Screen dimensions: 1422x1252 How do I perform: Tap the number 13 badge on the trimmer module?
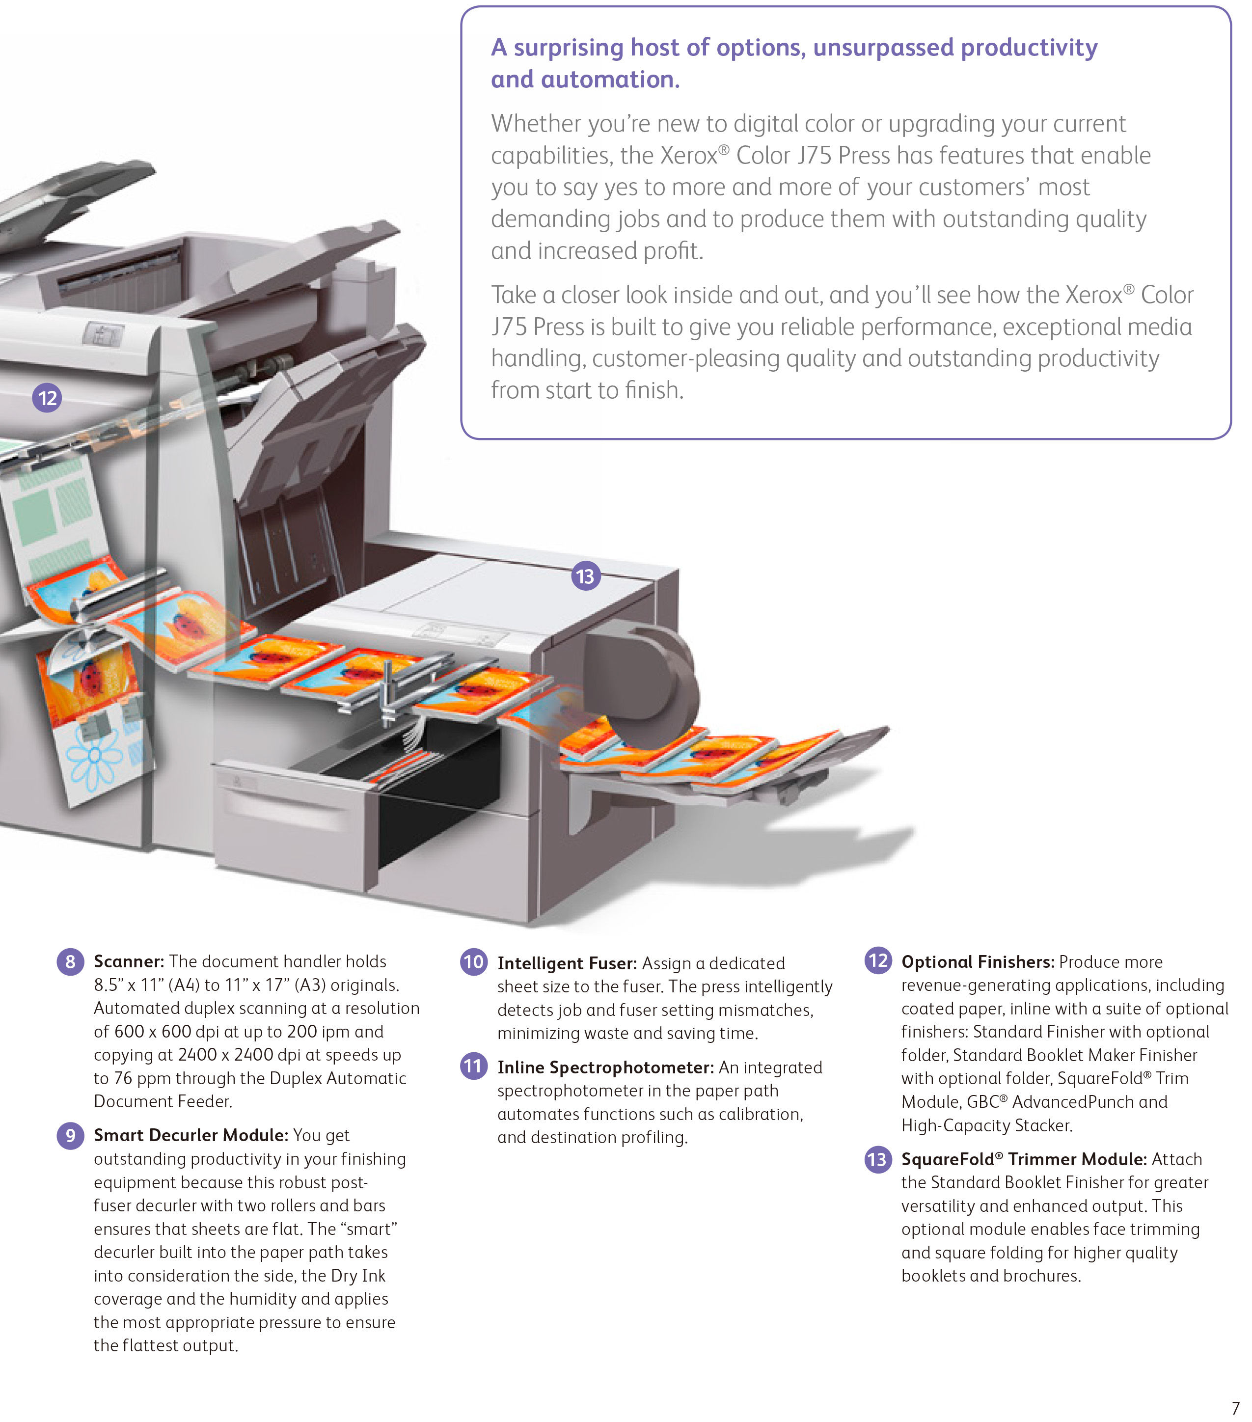586,576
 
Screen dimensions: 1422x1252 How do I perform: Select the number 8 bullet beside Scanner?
70,961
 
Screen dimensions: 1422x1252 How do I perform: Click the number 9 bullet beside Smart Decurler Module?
70,1135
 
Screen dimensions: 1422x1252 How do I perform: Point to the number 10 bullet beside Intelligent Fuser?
474,962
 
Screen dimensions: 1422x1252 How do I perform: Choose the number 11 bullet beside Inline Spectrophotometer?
474,1066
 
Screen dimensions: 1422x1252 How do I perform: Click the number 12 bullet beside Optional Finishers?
878,961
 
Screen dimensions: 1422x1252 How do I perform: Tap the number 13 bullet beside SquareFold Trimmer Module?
878,1159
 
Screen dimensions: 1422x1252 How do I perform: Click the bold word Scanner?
128,961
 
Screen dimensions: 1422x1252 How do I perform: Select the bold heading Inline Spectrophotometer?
605,1067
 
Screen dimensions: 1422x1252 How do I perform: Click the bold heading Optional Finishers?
977,961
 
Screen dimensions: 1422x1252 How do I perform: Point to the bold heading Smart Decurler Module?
191,1135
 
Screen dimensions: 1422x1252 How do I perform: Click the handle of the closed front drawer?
285,807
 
